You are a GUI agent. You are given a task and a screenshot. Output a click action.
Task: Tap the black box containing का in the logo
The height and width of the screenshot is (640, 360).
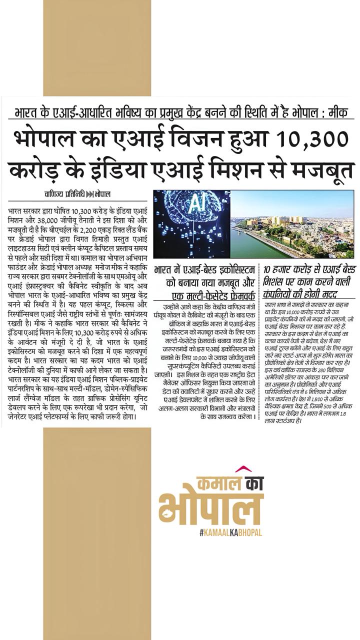pyautogui.click(x=249, y=484)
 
